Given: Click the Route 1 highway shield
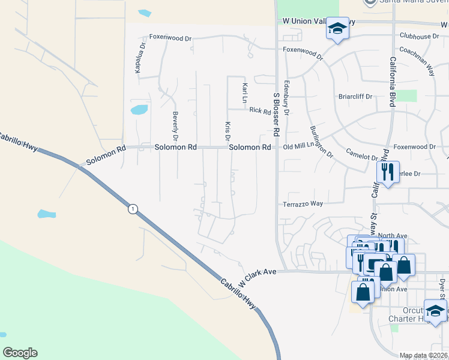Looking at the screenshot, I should (133, 209).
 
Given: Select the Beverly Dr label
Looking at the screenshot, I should (176, 122).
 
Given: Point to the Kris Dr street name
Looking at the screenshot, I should (228, 127).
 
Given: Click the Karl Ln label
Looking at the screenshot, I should (245, 93).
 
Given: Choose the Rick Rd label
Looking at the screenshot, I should (259, 110).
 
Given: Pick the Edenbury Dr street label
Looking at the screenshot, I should (287, 98).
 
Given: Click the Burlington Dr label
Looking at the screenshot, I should (321, 142).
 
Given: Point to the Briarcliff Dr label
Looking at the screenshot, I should (355, 96).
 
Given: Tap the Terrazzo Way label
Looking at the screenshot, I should (303, 204).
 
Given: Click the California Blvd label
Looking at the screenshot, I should (392, 82).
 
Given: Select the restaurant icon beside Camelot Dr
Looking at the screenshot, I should (388, 172).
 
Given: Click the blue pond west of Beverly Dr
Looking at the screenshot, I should (139, 110).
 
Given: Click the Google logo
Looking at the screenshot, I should (20, 353).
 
